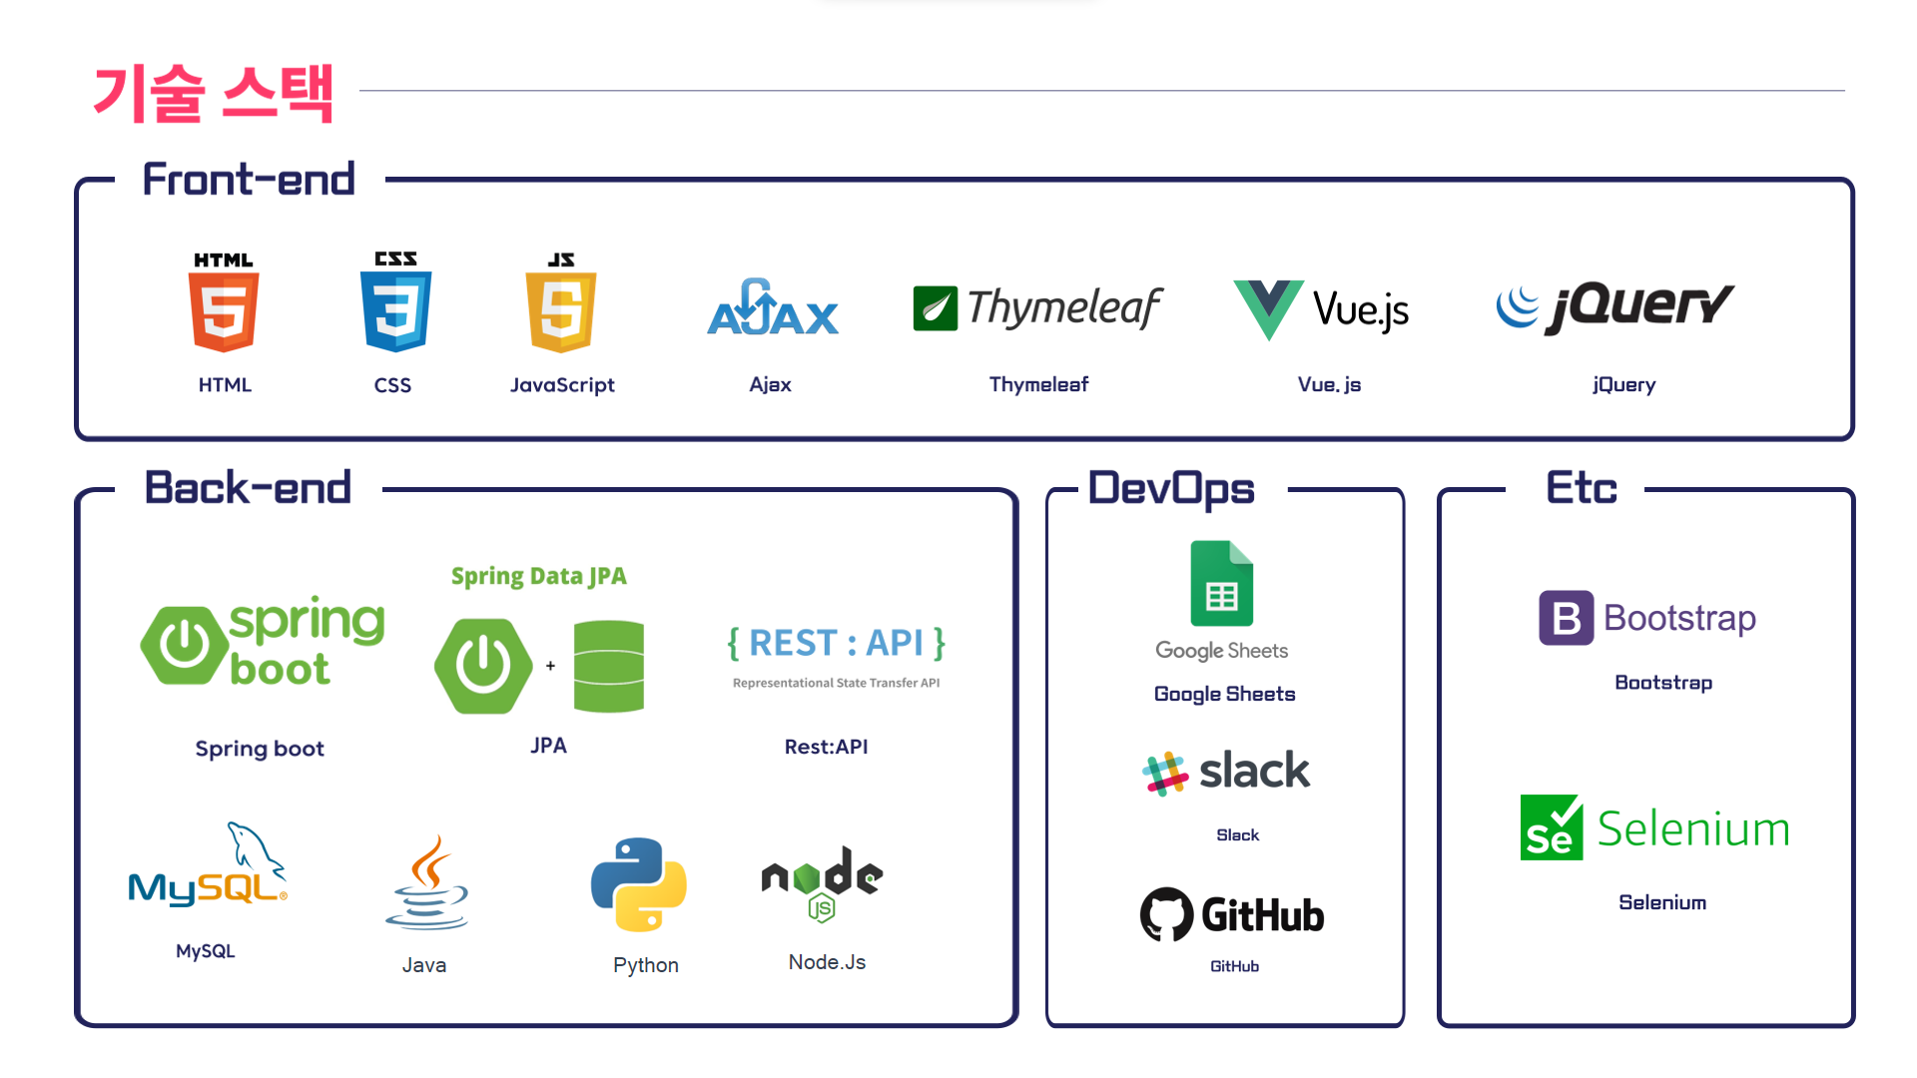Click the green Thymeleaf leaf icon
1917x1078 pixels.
pyautogui.click(x=935, y=308)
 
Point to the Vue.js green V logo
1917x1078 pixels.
pyautogui.click(x=1267, y=307)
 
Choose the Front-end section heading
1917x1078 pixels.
pyautogui.click(x=249, y=180)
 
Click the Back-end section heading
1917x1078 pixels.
pyautogui.click(x=248, y=488)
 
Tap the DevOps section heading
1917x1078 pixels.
pyautogui.click(x=1170, y=488)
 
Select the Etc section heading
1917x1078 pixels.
pyautogui.click(x=1581, y=488)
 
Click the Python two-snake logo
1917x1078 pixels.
pyautogui.click(x=639, y=884)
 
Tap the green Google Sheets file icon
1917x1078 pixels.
pyautogui.click(x=1221, y=584)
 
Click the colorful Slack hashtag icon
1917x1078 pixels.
pyautogui.click(x=1164, y=774)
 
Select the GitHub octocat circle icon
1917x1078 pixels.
pyautogui.click(x=1166, y=914)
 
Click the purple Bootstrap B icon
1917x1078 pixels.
pyautogui.click(x=1566, y=618)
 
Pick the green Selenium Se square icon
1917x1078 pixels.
pyautogui.click(x=1551, y=827)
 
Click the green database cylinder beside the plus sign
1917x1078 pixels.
pyautogui.click(x=609, y=666)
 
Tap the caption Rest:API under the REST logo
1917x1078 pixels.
pyautogui.click(x=826, y=747)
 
